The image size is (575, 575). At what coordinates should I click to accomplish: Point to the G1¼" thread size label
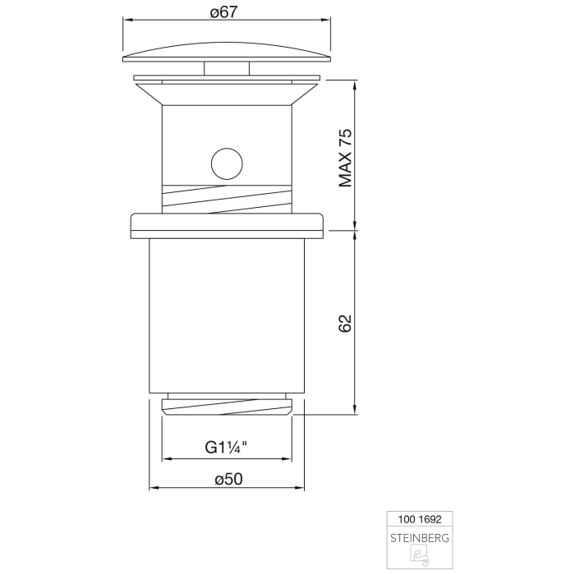click(x=226, y=448)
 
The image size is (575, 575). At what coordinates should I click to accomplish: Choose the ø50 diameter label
click(x=226, y=479)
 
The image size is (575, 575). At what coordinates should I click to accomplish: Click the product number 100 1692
click(x=419, y=519)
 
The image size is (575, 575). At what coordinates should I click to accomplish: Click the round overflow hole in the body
click(x=227, y=163)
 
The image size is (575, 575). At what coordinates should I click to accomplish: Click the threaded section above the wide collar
click(x=227, y=197)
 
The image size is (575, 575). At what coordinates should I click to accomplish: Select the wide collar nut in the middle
click(x=227, y=224)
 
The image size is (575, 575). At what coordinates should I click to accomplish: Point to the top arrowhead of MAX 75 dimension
click(x=354, y=84)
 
